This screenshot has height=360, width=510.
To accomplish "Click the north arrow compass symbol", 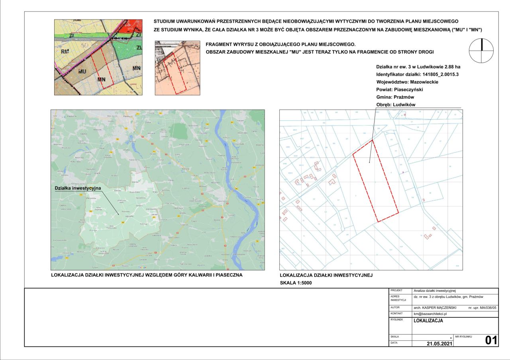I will [x=482, y=51].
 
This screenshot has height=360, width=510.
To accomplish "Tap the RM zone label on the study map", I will [x=65, y=51].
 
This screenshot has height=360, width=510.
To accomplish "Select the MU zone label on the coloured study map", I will [x=82, y=71].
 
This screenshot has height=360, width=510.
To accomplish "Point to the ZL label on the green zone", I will [x=139, y=47].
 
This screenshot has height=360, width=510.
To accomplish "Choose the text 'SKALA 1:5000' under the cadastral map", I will [x=296, y=283].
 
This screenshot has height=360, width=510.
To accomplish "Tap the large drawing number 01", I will [x=491, y=340].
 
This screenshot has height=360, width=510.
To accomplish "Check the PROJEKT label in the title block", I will [x=397, y=291].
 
